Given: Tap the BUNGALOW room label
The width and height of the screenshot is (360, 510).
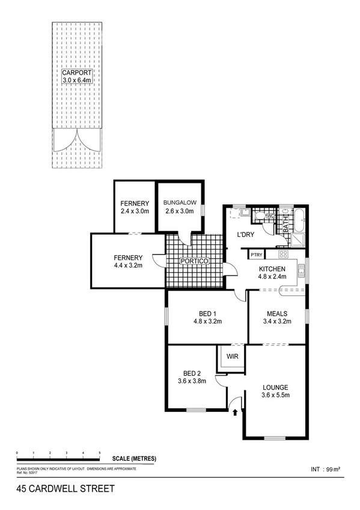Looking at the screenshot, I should pyautogui.click(x=178, y=203).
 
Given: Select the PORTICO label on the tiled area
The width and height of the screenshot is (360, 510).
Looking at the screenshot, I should pyautogui.click(x=195, y=262).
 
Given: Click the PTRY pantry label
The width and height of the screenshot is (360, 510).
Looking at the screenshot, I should pyautogui.click(x=257, y=255).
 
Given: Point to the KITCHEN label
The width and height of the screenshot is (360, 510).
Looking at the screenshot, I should pyautogui.click(x=272, y=269).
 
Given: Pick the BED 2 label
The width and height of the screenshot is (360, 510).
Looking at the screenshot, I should pyautogui.click(x=191, y=372).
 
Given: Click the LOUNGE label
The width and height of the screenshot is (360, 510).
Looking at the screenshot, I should pyautogui.click(x=276, y=387).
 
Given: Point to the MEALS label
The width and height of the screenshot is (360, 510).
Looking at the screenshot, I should pyautogui.click(x=276, y=313).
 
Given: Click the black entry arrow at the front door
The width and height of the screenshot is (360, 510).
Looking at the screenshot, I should pyautogui.click(x=235, y=412).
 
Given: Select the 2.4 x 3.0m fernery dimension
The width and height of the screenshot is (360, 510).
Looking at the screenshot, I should pyautogui.click(x=135, y=212).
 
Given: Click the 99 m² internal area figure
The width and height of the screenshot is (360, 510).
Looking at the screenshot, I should pyautogui.click(x=333, y=468).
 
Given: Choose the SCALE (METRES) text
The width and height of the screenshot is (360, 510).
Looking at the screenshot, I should pyautogui.click(x=134, y=458).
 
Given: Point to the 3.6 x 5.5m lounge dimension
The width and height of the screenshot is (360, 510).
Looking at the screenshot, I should pyautogui.click(x=276, y=395).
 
